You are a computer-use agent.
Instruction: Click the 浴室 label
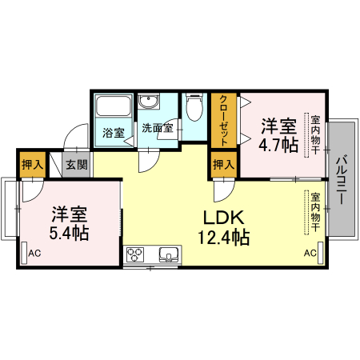[113, 133]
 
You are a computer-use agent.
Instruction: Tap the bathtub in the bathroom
[113, 109]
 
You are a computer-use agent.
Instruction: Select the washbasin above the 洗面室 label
[148, 103]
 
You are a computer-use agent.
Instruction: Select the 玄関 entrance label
[77, 166]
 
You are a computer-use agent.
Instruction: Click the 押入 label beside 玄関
[32, 166]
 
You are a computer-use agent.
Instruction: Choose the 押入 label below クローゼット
[223, 166]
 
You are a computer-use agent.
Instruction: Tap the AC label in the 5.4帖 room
[34, 254]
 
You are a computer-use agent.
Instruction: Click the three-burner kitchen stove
[136, 256]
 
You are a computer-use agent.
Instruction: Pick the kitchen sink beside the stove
[169, 256]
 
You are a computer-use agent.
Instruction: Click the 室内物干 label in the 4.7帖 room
[315, 133]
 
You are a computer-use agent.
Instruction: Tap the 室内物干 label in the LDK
[315, 213]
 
